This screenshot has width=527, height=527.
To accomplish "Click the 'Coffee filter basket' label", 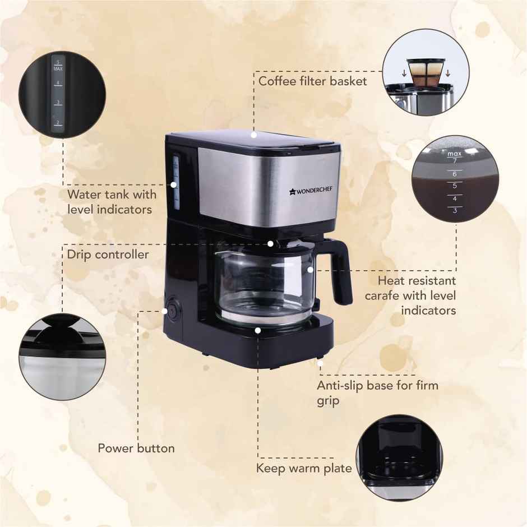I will (x=312, y=81).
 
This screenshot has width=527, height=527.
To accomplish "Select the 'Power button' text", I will (x=136, y=449).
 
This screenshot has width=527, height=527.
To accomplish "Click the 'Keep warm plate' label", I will (x=304, y=468).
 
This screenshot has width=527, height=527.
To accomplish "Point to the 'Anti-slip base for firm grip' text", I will (x=377, y=392).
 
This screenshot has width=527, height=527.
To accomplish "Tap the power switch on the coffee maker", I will (x=172, y=310).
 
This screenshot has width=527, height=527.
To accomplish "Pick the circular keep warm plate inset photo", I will (x=399, y=458).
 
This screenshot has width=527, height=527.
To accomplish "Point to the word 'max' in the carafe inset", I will (x=454, y=153).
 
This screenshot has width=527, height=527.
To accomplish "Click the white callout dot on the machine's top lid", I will (x=253, y=135).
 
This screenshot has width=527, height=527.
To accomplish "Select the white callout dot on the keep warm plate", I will (x=257, y=330).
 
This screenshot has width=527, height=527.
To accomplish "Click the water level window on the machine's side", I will (x=174, y=182).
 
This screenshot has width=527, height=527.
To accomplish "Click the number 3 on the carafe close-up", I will (x=454, y=211).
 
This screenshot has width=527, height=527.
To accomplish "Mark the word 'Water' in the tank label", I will (x=85, y=195).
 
